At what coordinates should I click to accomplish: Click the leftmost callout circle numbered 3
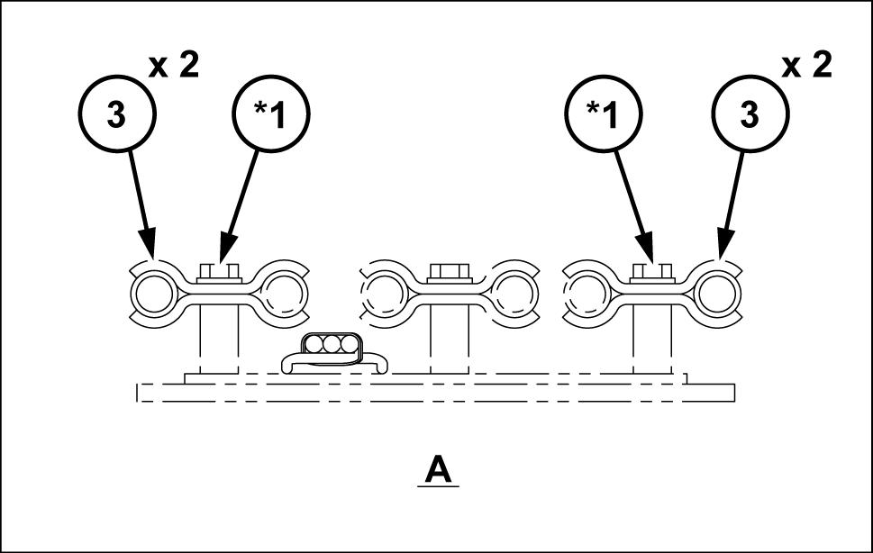pyautogui.click(x=117, y=115)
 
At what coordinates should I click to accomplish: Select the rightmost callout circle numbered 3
pyautogui.click(x=750, y=115)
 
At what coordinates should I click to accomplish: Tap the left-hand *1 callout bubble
pyautogui.click(x=271, y=115)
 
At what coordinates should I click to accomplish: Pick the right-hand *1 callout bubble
pyautogui.click(x=603, y=115)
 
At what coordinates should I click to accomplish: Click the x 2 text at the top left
pyautogui.click(x=174, y=67)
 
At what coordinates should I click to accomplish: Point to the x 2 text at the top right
pyautogui.click(x=807, y=67)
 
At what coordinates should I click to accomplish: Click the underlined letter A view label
pyautogui.click(x=439, y=469)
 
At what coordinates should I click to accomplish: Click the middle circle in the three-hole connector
pyautogui.click(x=328, y=344)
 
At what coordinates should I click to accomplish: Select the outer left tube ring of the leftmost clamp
pyautogui.click(x=152, y=294)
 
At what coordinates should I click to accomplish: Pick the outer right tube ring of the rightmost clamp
pyautogui.click(x=717, y=294)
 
